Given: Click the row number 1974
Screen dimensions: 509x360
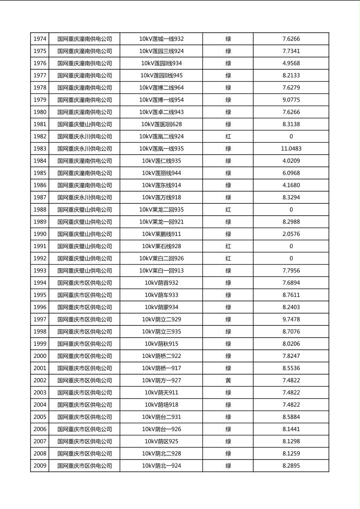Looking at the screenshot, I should pyautogui.click(x=40, y=39).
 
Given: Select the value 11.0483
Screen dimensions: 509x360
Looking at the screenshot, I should pyautogui.click(x=291, y=149).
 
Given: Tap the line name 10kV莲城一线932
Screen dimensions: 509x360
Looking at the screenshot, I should pyautogui.click(x=161, y=39).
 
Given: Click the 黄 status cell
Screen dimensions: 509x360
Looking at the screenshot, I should pyautogui.click(x=228, y=380).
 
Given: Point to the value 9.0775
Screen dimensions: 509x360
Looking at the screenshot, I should pyautogui.click(x=291, y=100).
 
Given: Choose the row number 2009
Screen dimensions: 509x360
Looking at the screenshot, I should pyautogui.click(x=40, y=466).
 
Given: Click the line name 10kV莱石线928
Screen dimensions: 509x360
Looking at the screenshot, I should pyautogui.click(x=161, y=246).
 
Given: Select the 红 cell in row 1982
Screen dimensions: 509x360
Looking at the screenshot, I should pyautogui.click(x=228, y=137).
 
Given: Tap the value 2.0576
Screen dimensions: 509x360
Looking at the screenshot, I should pyautogui.click(x=291, y=234).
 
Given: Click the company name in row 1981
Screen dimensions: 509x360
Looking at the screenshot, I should pyautogui.click(x=84, y=124).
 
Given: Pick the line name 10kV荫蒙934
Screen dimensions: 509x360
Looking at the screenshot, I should pyautogui.click(x=161, y=307).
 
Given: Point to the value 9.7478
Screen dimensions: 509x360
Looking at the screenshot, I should pyautogui.click(x=291, y=319).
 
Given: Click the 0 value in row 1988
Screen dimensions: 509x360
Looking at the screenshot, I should pyautogui.click(x=291, y=210).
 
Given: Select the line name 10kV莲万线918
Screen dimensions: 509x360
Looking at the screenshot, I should pyautogui.click(x=161, y=198).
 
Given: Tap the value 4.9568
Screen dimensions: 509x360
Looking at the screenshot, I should pyautogui.click(x=291, y=63).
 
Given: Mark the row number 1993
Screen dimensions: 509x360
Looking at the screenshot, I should pyautogui.click(x=40, y=271).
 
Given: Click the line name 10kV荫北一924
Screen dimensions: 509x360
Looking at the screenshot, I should pyautogui.click(x=161, y=466).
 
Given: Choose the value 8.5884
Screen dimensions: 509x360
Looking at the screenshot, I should pyautogui.click(x=291, y=417).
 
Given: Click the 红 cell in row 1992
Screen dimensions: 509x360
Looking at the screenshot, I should pyautogui.click(x=228, y=259).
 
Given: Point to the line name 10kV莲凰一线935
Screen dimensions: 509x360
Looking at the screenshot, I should pyautogui.click(x=161, y=149).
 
